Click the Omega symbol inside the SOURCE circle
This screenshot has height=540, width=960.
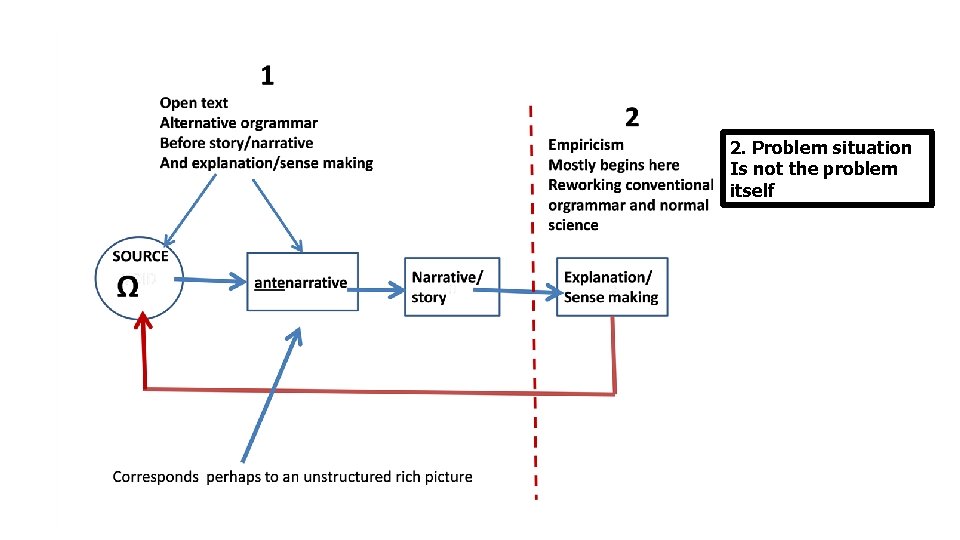point(128,286)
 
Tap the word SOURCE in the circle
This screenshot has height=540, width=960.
point(140,256)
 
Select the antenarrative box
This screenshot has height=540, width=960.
point(302,282)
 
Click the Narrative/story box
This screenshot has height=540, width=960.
point(452,287)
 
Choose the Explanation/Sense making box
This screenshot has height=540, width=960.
point(612,287)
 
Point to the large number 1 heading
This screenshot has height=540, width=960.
point(267,75)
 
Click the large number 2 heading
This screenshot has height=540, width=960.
point(632,118)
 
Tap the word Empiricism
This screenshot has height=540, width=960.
point(586,145)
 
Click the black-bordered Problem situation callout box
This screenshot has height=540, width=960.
point(830,168)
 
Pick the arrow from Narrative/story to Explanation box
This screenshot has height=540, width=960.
point(527,292)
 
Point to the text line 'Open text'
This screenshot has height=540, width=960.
point(194,103)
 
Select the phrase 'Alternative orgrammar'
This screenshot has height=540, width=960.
point(239,123)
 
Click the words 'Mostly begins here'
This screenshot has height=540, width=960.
point(613,165)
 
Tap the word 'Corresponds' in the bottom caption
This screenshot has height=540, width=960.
point(156,477)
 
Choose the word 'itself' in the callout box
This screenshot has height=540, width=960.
point(752,190)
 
